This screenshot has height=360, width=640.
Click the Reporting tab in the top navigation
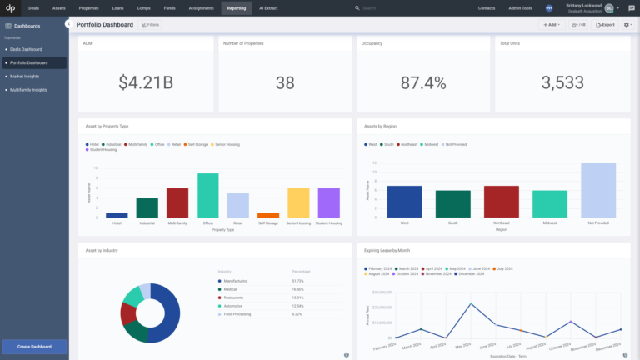[236, 7]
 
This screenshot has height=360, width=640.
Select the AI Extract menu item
[269, 7]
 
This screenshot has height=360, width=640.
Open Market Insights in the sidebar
[25, 76]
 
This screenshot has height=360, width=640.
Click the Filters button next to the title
[151, 25]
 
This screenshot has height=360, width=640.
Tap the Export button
[606, 25]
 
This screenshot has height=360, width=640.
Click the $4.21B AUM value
[145, 82]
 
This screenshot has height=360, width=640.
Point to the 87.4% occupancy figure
[423, 82]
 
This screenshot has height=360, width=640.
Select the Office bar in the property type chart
[207, 195]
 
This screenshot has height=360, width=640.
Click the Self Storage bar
[267, 215]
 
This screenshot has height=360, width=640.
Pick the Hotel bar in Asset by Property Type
[117, 215]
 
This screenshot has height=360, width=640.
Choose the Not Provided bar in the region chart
[598, 190]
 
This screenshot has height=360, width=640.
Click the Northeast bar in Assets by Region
[502, 202]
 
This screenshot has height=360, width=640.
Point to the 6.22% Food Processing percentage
[297, 314]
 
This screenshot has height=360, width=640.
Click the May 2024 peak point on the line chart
[471, 303]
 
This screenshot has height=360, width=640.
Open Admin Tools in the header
[520, 7]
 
